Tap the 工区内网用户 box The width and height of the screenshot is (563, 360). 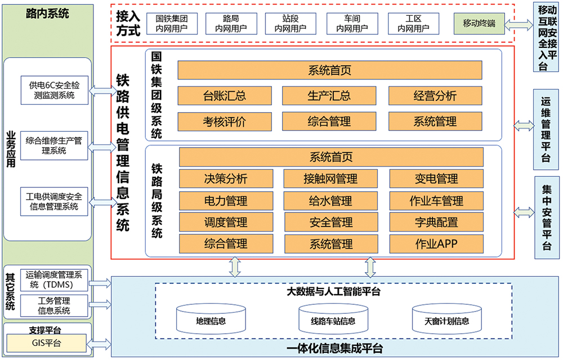(413, 23)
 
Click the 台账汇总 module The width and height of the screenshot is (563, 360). (225, 96)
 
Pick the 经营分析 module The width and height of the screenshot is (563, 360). (435, 96)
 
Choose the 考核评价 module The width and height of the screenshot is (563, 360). (225, 122)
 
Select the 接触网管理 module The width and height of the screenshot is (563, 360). (330, 179)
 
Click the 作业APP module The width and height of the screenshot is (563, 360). (436, 244)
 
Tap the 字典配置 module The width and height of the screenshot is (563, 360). (436, 223)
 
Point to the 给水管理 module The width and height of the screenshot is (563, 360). (330, 201)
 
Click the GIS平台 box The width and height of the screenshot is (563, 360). (47, 343)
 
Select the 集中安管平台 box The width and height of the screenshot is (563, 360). (547, 217)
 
